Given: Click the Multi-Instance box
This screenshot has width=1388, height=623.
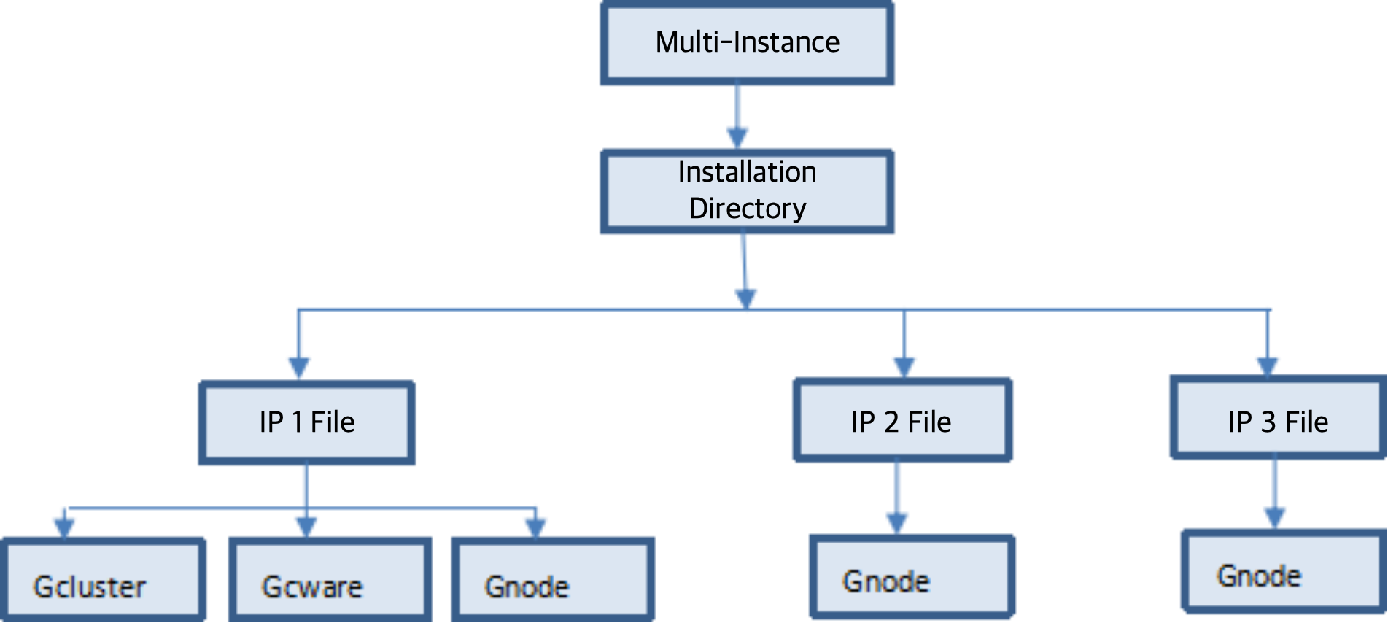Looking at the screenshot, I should [x=747, y=43].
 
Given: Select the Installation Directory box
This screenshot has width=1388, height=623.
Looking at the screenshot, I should [x=747, y=191].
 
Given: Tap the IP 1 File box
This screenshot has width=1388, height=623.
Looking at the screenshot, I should [x=307, y=422].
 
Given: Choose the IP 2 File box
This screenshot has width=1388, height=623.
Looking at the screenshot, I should [x=902, y=421].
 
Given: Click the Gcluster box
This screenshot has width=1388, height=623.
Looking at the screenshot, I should [x=104, y=579].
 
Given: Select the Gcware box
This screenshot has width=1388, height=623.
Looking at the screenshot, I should [x=330, y=579].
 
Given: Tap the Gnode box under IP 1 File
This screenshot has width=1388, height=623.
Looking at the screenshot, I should [x=553, y=579].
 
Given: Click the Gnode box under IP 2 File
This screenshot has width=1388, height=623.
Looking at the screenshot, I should [x=912, y=576].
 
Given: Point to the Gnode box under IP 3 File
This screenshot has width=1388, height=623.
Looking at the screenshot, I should [x=1284, y=572].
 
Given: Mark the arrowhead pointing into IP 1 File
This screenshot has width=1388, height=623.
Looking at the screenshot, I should [x=299, y=365].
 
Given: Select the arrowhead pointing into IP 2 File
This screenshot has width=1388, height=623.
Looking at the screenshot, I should [x=904, y=364].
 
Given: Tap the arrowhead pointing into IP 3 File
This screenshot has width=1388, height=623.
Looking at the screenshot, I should [x=1267, y=363].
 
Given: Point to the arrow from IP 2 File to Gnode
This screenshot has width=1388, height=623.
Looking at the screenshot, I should [x=897, y=496].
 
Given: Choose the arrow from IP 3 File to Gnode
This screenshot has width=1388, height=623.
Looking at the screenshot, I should [x=1274, y=492].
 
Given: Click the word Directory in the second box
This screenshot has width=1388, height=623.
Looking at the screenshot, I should [x=748, y=209].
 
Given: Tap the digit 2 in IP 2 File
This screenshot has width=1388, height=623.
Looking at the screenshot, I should [x=891, y=422].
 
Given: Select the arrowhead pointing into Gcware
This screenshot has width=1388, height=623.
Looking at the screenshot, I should [x=306, y=525].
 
